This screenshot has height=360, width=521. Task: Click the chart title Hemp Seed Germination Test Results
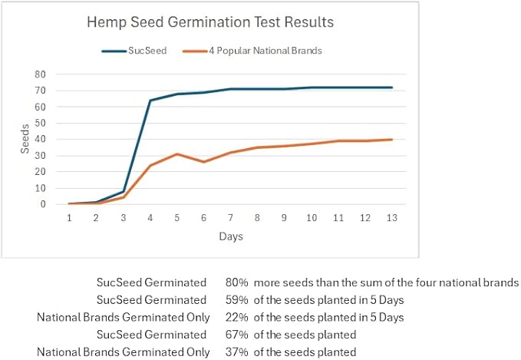point(210,23)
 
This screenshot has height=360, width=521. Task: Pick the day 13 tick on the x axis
point(391,218)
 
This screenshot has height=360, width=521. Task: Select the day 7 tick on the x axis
point(230,218)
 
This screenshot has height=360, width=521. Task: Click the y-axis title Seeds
point(24,139)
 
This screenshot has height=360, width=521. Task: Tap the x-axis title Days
point(230,236)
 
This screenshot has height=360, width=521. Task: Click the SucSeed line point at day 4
point(150,101)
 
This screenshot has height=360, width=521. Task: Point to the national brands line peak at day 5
point(176,154)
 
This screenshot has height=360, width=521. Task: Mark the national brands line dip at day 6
point(203,162)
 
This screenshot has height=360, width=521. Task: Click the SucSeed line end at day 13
point(391,88)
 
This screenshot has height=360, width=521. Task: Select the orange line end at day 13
point(391,140)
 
